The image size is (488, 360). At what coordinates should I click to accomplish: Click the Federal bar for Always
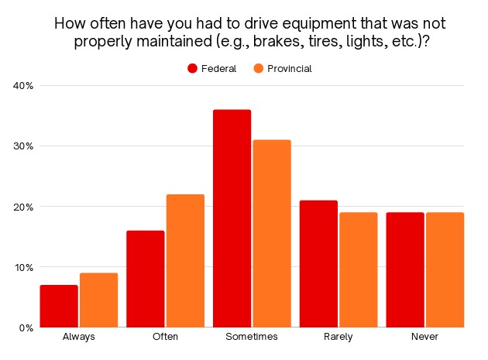point(59,306)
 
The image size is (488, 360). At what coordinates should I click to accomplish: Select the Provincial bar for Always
point(99,300)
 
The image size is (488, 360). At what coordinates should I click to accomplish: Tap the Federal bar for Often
point(146,279)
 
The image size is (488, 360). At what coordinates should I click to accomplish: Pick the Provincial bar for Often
point(186,261)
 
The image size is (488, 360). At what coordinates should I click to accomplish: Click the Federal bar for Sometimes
point(232,218)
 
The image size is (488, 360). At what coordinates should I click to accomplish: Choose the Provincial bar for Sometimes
point(272,234)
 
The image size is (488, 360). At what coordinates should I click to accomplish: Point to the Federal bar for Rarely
point(318,263)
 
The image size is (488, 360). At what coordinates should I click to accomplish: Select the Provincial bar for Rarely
point(359,269)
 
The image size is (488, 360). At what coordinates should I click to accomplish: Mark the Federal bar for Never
point(405,269)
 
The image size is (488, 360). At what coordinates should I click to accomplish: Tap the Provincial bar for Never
point(445,269)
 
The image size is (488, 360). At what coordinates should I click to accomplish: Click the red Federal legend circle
point(193,68)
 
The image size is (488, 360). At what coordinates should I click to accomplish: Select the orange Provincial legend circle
point(259,68)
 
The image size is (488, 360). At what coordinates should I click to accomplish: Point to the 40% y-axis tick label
point(23,85)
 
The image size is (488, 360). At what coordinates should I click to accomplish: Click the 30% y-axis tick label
point(23,146)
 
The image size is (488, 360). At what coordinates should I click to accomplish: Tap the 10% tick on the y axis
point(23,267)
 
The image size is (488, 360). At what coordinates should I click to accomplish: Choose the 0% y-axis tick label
point(26,327)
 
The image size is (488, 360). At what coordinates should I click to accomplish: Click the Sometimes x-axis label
point(253,337)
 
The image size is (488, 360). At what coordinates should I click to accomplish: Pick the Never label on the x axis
point(425,337)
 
